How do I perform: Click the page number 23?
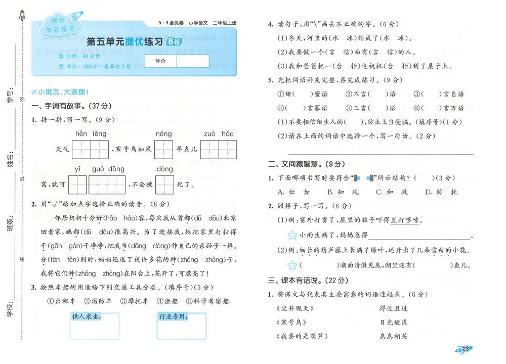[466, 348]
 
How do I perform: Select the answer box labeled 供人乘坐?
[95, 326]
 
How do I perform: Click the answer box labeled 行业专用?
[182, 326]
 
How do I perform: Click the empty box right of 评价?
[193, 61]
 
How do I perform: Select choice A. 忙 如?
[294, 192]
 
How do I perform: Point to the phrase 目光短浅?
[393, 322]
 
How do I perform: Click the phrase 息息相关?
[393, 336]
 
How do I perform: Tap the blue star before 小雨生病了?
[292, 235]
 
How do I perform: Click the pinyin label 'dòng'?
[165, 169]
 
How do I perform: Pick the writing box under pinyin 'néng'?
[163, 150]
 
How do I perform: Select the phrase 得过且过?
[393, 308]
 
